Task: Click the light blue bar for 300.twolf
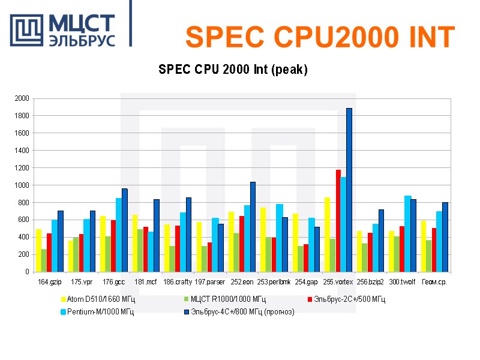[408, 233]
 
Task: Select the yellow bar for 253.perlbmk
[263, 239]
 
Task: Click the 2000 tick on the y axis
[22, 98]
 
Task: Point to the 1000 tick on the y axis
[22, 185]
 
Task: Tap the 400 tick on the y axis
[23, 238]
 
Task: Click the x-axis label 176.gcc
[113, 281]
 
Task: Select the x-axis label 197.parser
[209, 281]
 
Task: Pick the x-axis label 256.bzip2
[370, 281]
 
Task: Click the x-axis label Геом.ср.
[434, 281]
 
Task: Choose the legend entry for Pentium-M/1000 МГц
[100, 311]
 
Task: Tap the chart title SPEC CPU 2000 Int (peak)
[233, 70]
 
